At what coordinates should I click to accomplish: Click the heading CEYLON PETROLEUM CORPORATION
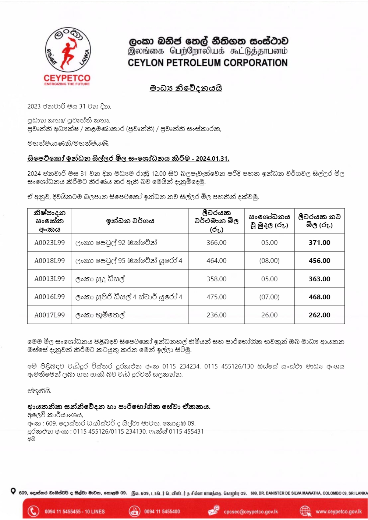(208, 63)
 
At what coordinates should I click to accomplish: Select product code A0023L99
(49, 243)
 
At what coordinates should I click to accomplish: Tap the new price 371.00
(319, 243)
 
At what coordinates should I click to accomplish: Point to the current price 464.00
(216, 261)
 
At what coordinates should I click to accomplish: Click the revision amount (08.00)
(269, 261)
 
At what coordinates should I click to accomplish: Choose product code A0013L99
(49, 279)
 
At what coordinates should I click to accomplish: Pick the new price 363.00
(319, 279)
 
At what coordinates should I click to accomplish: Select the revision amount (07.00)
(269, 297)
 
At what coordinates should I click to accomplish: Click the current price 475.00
(216, 297)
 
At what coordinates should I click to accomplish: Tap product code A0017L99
(49, 315)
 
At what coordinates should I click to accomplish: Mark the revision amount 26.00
(269, 315)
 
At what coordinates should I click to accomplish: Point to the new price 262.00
(319, 315)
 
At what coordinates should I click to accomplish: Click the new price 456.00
(319, 261)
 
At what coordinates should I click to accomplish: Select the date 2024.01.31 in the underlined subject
(212, 159)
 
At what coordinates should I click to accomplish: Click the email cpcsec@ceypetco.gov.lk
(251, 512)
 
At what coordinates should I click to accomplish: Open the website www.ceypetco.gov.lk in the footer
(339, 512)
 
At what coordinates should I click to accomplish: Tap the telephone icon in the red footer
(33, 511)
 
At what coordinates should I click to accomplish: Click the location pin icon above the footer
(13, 491)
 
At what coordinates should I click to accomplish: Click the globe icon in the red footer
(305, 511)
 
